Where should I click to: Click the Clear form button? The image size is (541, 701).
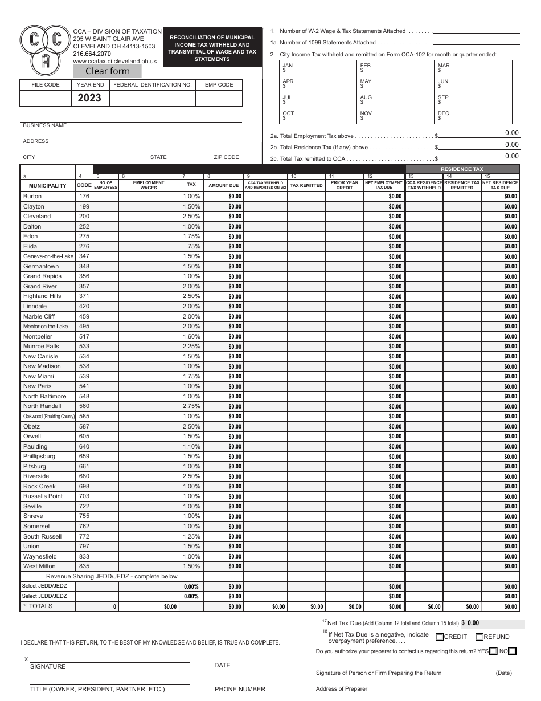point(108,71)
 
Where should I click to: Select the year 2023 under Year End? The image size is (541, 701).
point(89,98)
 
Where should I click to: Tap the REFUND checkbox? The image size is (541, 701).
point(479,637)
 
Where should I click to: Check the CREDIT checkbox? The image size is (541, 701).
point(440,637)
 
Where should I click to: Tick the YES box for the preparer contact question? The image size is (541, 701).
point(493,651)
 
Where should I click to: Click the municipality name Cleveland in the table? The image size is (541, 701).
point(37,217)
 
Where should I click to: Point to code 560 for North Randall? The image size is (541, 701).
point(84,406)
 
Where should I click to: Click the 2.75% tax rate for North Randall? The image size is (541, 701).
point(191,406)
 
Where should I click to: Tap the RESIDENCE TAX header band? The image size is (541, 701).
point(461,169)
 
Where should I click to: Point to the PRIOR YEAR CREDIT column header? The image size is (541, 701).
point(345,185)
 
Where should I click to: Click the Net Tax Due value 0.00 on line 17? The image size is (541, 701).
point(473,623)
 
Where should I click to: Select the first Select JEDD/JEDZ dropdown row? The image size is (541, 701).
point(45,586)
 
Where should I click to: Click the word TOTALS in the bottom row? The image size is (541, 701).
point(40,606)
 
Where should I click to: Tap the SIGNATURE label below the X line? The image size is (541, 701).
point(48,666)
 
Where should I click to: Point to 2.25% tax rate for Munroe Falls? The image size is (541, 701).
point(191,347)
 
